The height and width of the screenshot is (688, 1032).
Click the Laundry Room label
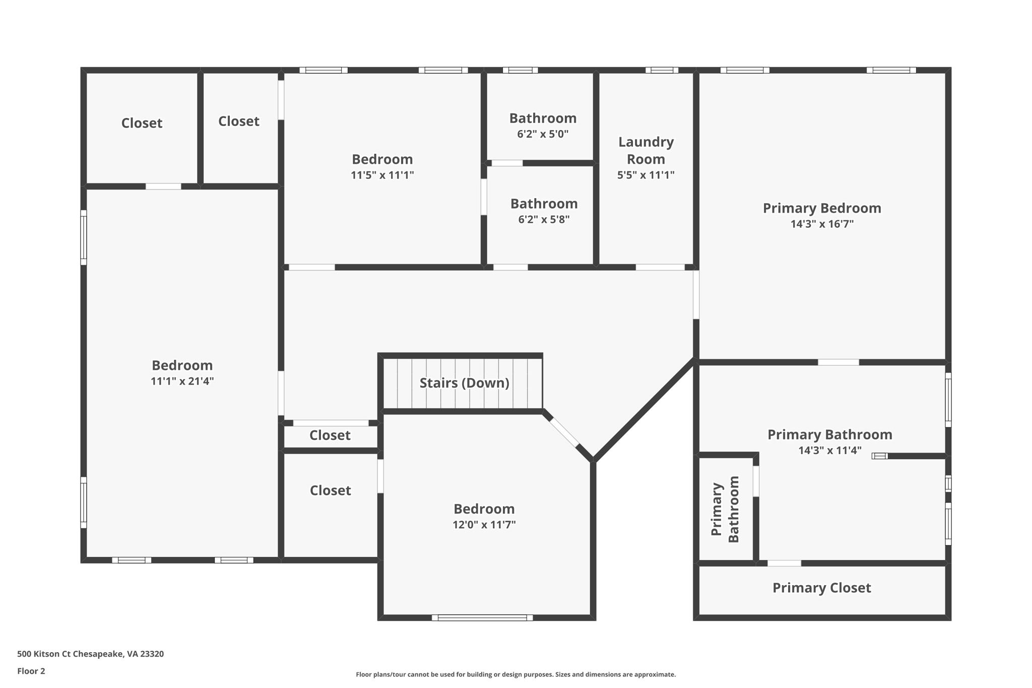click(646, 150)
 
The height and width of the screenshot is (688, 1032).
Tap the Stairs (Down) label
click(464, 383)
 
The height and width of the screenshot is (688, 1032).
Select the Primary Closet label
click(821, 588)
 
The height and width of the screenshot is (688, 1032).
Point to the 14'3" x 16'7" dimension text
click(822, 224)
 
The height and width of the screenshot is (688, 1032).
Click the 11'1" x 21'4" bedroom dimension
click(182, 382)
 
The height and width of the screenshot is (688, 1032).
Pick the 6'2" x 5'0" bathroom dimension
click(542, 134)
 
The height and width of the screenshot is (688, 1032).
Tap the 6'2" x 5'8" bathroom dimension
click(544, 220)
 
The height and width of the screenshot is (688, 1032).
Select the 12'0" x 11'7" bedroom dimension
click(484, 525)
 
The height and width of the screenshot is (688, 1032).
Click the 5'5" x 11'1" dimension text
click(646, 175)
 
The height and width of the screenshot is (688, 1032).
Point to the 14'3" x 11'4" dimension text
click(829, 451)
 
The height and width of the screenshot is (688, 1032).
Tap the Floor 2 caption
click(31, 671)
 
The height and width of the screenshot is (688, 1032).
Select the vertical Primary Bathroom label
click(725, 509)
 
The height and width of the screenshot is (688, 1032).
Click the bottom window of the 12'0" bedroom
click(482, 617)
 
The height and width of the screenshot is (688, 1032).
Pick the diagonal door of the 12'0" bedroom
click(564, 432)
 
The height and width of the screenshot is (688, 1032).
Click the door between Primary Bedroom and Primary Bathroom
click(838, 362)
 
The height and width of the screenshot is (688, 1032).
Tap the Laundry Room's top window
click(661, 70)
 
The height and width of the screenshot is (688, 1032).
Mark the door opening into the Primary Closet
click(784, 563)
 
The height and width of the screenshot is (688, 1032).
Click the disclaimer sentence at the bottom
click(515, 674)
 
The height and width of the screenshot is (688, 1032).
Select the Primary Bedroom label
click(821, 208)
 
